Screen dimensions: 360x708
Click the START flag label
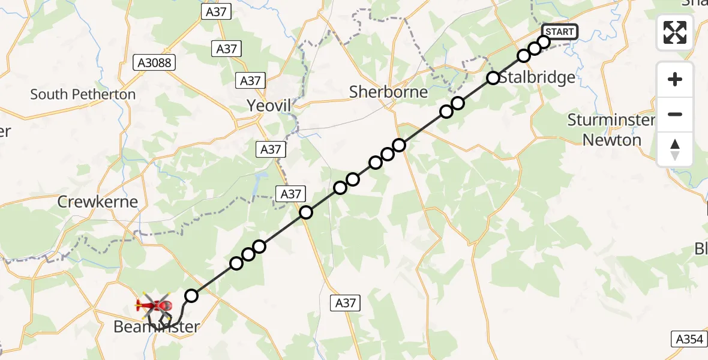(559, 32)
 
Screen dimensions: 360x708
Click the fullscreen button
(675, 32)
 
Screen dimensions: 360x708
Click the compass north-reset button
(675, 149)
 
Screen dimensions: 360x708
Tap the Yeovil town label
(269, 106)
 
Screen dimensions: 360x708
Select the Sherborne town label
(389, 92)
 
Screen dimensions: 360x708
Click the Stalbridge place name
(537, 77)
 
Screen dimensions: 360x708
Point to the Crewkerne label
(97, 202)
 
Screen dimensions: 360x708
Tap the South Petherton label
(83, 94)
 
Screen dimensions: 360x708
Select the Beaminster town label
(157, 327)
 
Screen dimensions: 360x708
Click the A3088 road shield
(154, 62)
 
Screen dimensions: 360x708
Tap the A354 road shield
(688, 339)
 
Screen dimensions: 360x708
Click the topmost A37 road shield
(217, 13)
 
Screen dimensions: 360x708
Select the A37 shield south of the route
(346, 303)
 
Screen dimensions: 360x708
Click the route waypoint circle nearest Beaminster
(191, 295)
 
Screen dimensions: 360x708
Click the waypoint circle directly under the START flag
(544, 41)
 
